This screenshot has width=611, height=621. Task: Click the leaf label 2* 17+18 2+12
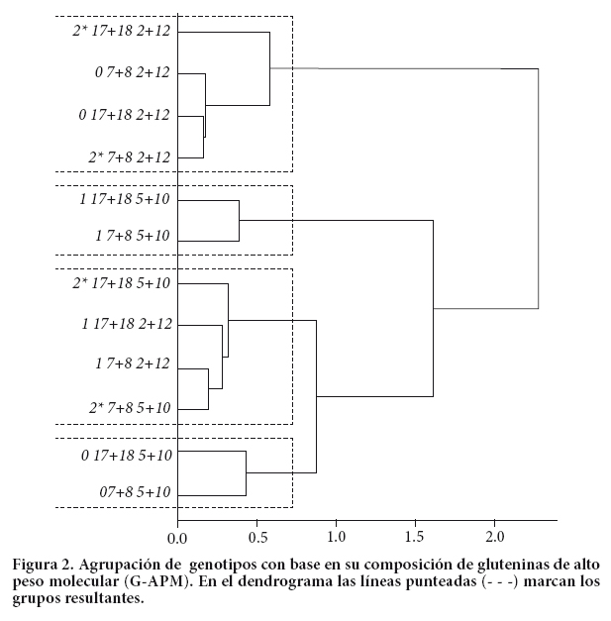(x=121, y=32)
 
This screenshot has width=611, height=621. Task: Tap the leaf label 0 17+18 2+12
(x=124, y=115)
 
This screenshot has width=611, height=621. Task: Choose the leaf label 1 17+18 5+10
(x=124, y=200)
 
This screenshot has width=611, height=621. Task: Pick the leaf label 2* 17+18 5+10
(x=121, y=284)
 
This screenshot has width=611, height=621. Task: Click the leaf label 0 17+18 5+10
(x=124, y=456)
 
